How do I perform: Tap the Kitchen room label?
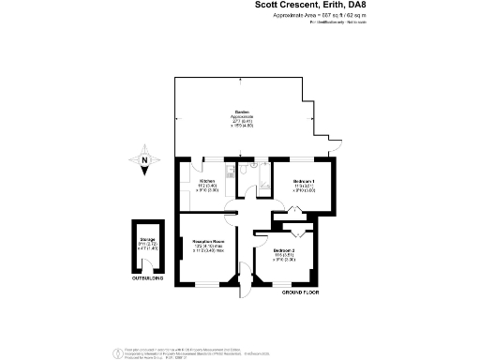click(206, 182)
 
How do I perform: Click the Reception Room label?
click(207, 245)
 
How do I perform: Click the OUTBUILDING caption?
click(146, 278)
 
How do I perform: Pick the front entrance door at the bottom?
click(247, 284)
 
